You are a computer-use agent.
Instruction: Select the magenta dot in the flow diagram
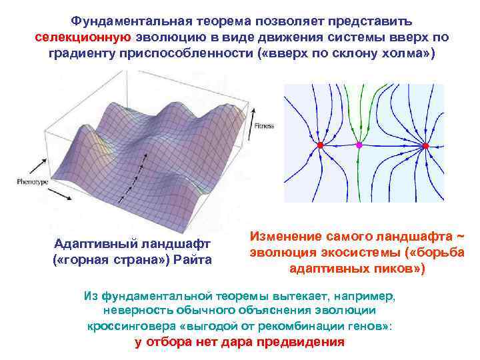pyautogui.click(x=359, y=145)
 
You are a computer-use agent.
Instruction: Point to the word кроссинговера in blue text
pyautogui.click(x=129, y=327)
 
